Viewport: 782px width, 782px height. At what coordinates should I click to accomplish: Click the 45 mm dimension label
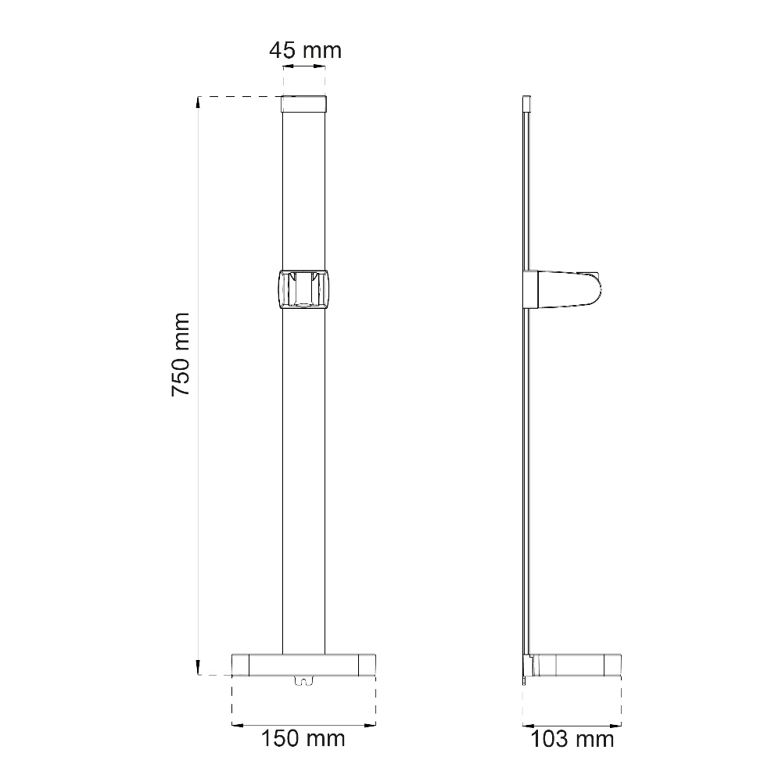pyautogui.click(x=305, y=50)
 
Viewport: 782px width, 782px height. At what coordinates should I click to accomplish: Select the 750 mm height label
pyautogui.click(x=181, y=354)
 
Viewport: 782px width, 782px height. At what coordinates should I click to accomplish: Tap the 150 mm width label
pyautogui.click(x=303, y=738)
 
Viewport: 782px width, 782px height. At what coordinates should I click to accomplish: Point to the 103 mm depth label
pyautogui.click(x=572, y=739)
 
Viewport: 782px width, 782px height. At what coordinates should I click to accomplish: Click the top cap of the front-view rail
pyautogui.click(x=304, y=104)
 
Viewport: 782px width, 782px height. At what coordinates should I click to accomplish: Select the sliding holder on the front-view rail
pyautogui.click(x=303, y=290)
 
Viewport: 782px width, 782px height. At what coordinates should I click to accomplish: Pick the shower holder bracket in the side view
pyautogui.click(x=562, y=289)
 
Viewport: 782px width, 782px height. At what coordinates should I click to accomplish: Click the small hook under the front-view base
pyautogui.click(x=303, y=680)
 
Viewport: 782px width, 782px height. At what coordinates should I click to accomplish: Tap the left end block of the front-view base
pyautogui.click(x=240, y=665)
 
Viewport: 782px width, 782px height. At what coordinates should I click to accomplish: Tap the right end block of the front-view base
pyautogui.click(x=367, y=665)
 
